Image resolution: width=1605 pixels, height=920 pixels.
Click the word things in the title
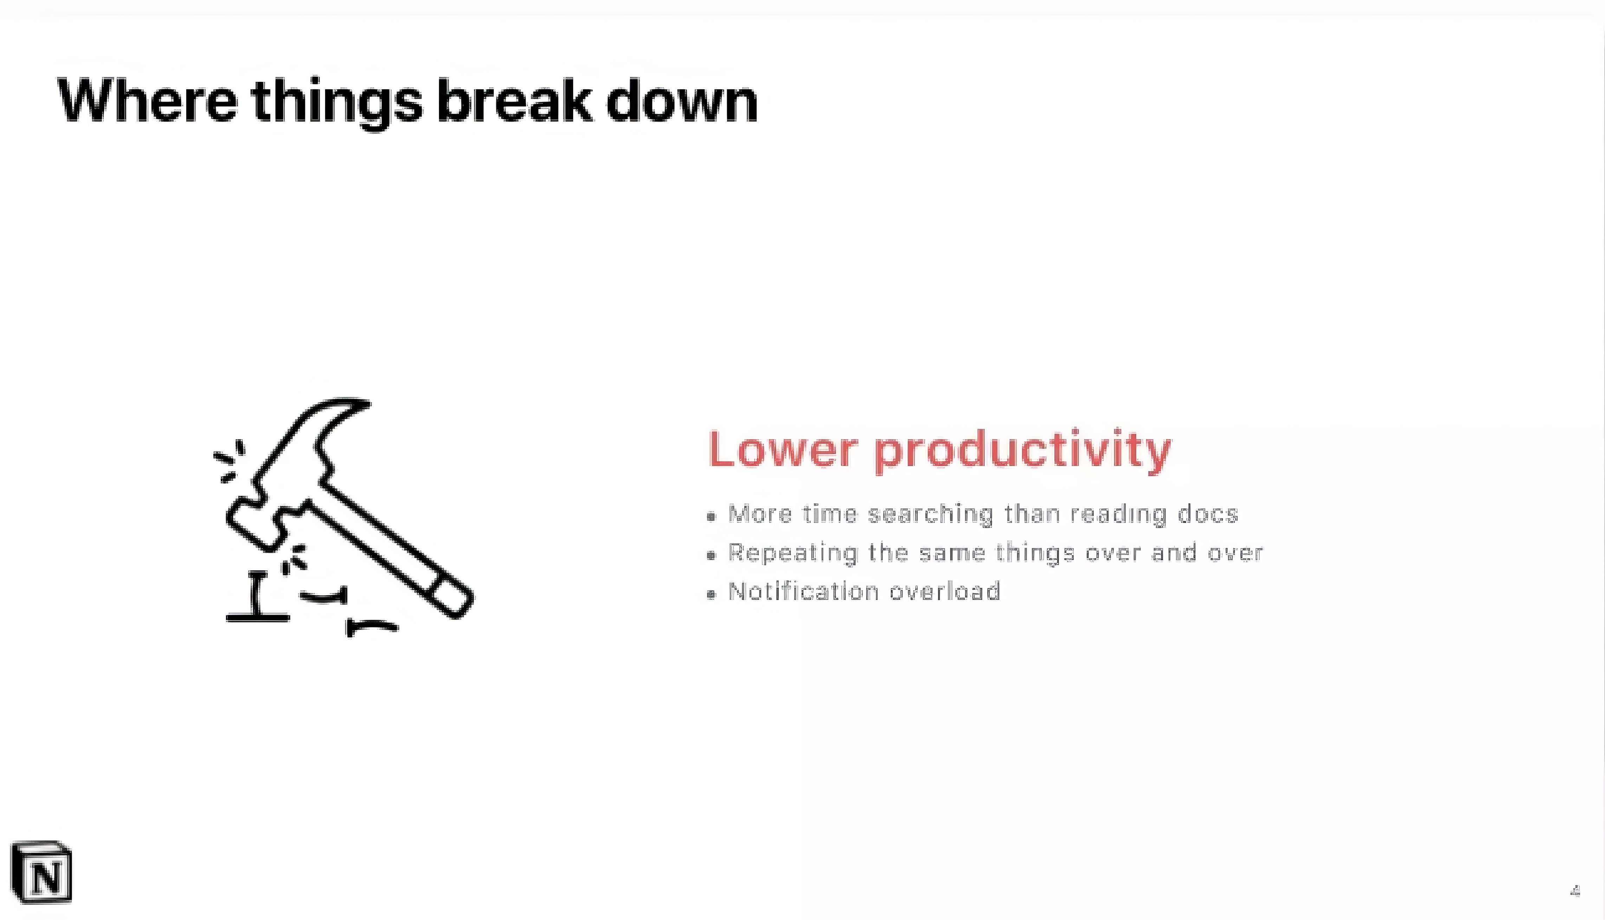[337, 104]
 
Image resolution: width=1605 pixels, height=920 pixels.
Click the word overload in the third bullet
[945, 591]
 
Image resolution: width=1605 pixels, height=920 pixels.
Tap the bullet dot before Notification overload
[712, 594]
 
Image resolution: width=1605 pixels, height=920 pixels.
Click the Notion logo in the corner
[42, 872]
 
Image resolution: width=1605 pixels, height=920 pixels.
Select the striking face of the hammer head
[250, 527]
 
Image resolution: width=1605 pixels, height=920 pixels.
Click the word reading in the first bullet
[1119, 515]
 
